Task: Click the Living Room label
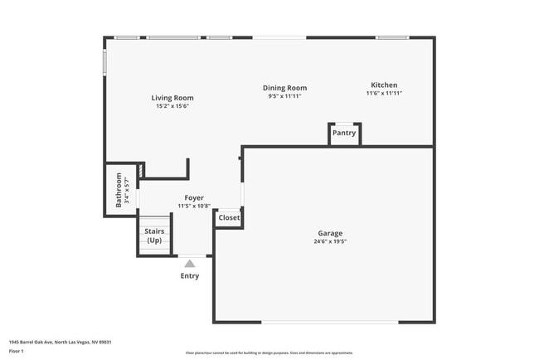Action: point(172,98)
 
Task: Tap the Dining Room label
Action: point(284,88)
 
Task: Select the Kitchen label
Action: point(384,85)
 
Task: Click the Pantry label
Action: point(344,133)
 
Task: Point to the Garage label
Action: point(329,233)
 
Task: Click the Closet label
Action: point(229,218)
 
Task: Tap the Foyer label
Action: point(194,198)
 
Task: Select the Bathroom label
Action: point(119,189)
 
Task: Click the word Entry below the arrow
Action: point(190,276)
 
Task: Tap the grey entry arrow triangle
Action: point(190,264)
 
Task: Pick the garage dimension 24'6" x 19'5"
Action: point(329,242)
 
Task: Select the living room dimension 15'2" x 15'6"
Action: point(172,106)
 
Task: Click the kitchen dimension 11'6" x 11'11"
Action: point(384,94)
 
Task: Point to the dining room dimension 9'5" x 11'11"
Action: point(284,96)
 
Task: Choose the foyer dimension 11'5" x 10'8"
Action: point(194,207)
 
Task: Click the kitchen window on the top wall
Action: point(391,37)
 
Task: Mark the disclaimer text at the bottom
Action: point(269,353)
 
